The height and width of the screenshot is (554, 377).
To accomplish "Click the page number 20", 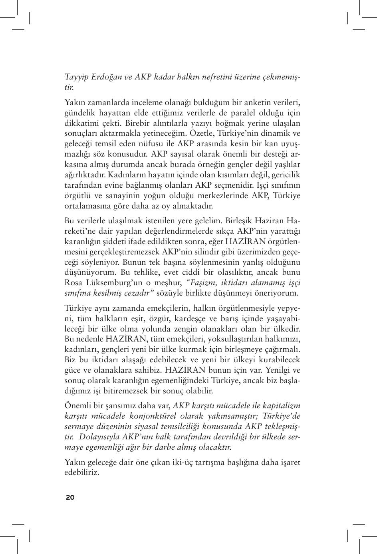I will tap(70, 497).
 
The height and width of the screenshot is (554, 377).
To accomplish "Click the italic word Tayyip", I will tap(76, 77).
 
